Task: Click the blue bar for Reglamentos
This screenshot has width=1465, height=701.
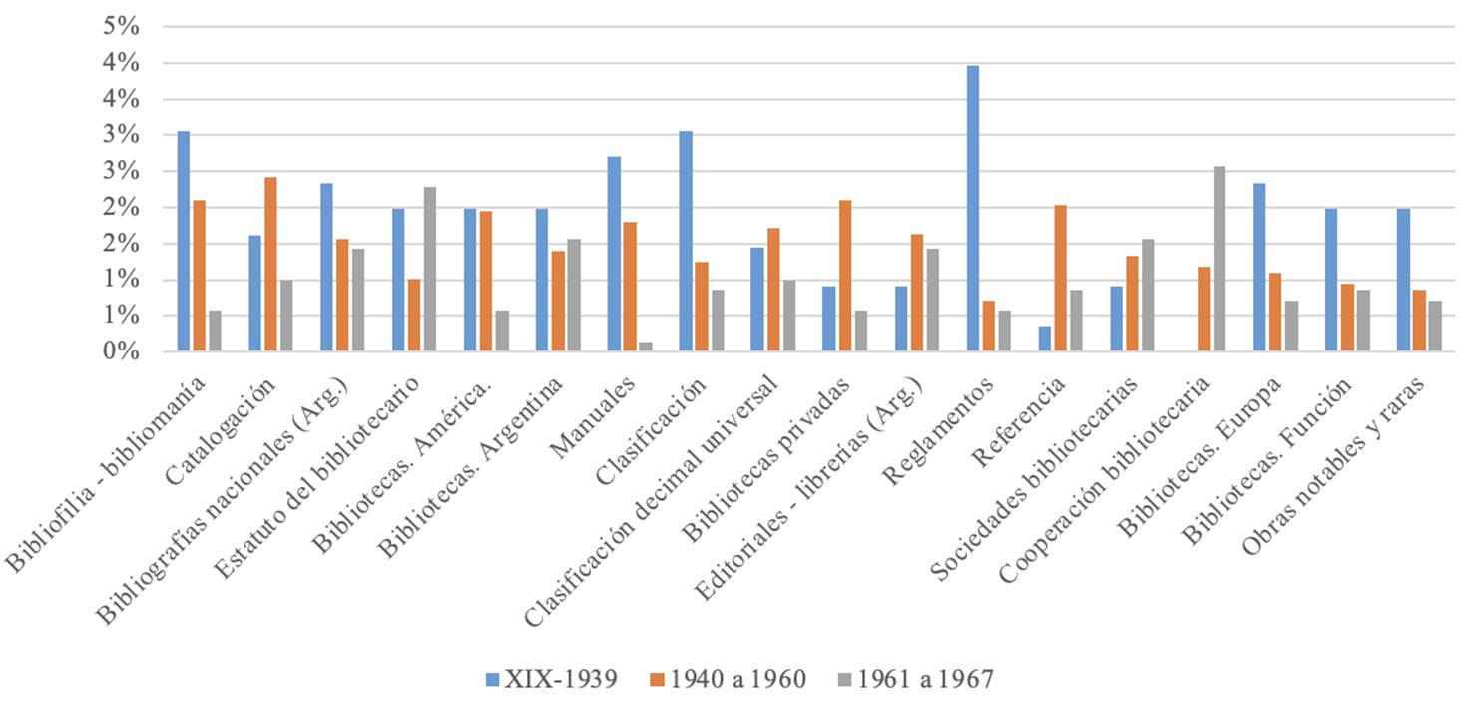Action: (x=973, y=209)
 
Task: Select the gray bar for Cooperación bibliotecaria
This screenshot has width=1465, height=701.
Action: (x=1220, y=259)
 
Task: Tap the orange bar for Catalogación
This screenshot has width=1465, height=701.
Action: (x=270, y=265)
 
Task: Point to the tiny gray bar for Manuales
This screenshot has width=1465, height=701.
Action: (x=646, y=347)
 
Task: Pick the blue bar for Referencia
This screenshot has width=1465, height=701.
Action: (x=1045, y=339)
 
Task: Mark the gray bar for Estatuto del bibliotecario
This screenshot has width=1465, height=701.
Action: (x=430, y=269)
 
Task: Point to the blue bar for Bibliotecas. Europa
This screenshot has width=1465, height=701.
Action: (x=1260, y=267)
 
